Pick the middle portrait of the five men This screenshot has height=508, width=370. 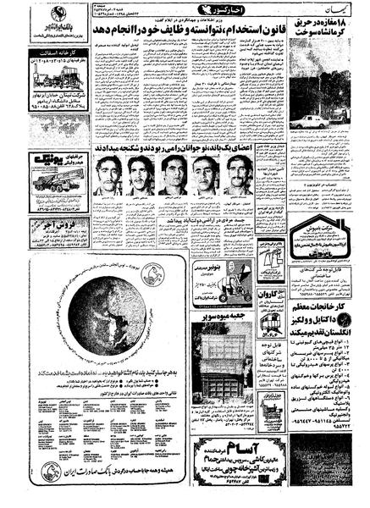[x=172, y=174]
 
